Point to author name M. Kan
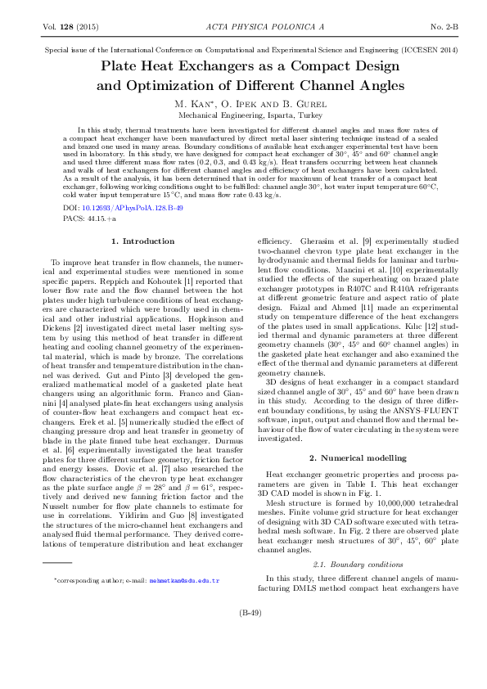[191, 104]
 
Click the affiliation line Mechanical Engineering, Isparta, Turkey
[243, 115]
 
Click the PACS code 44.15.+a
[102, 220]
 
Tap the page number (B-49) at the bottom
[244, 659]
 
